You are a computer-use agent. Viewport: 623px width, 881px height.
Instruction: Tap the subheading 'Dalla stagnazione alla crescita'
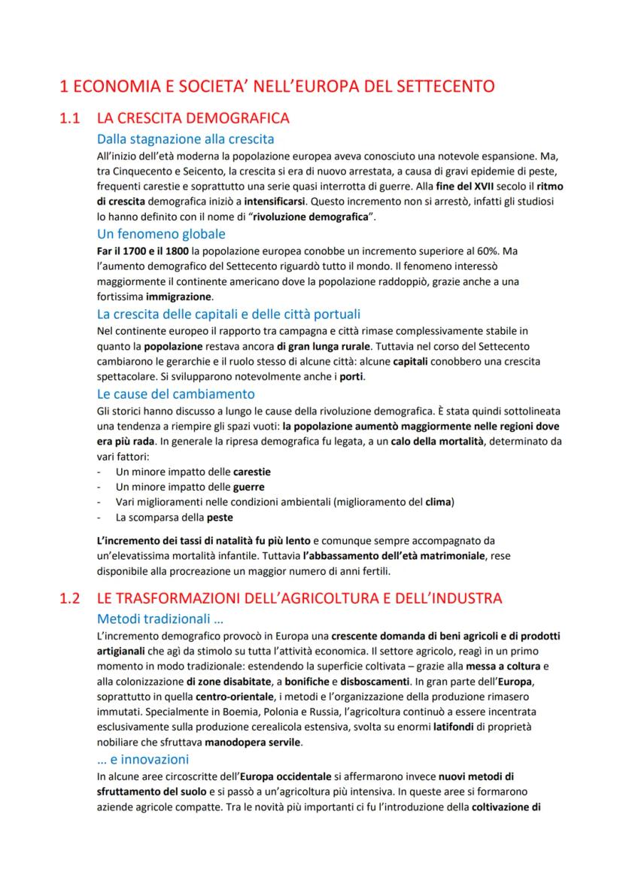185,138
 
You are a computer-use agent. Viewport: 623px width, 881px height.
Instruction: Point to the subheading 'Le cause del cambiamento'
176,393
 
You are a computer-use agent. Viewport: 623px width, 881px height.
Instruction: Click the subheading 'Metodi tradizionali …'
160,619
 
